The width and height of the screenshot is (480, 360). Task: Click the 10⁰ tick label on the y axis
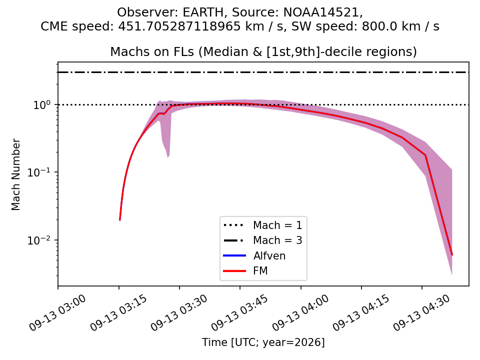(41, 104)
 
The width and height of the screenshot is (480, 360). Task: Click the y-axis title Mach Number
(15, 174)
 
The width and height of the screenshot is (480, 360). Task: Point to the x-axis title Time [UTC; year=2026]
(263, 342)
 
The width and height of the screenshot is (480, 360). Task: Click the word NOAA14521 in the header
(323, 12)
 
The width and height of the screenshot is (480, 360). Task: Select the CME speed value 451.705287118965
(179, 26)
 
